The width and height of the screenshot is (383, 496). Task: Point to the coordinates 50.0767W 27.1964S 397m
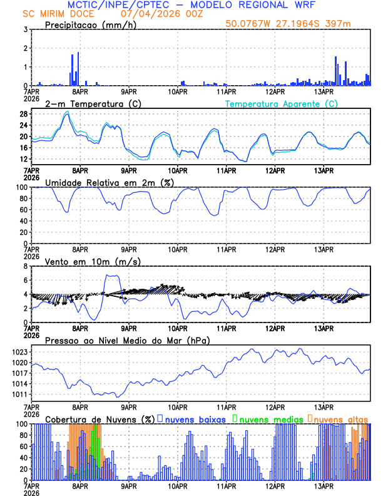coord(298,24)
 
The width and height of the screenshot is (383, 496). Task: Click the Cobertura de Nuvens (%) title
coord(100,419)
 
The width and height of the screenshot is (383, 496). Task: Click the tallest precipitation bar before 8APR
coord(78,69)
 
